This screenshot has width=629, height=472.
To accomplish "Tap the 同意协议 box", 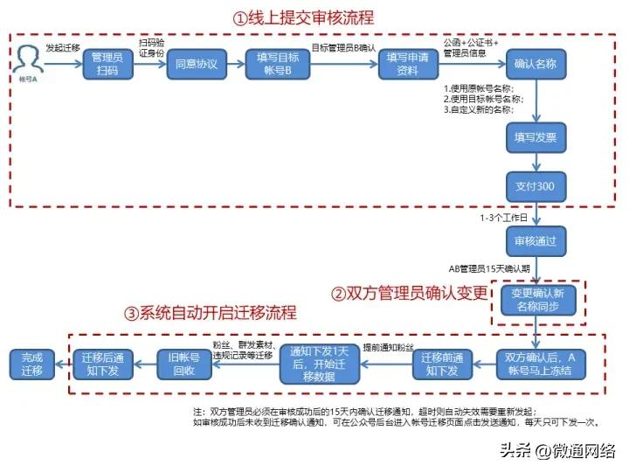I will (196, 65).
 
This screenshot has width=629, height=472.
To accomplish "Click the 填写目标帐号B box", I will (278, 65).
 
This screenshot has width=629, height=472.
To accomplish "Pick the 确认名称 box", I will (536, 65).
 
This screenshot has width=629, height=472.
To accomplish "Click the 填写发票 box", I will (536, 137).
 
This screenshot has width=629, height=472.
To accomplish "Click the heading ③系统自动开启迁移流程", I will (211, 312).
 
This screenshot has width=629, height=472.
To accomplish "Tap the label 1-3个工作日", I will (503, 217).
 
